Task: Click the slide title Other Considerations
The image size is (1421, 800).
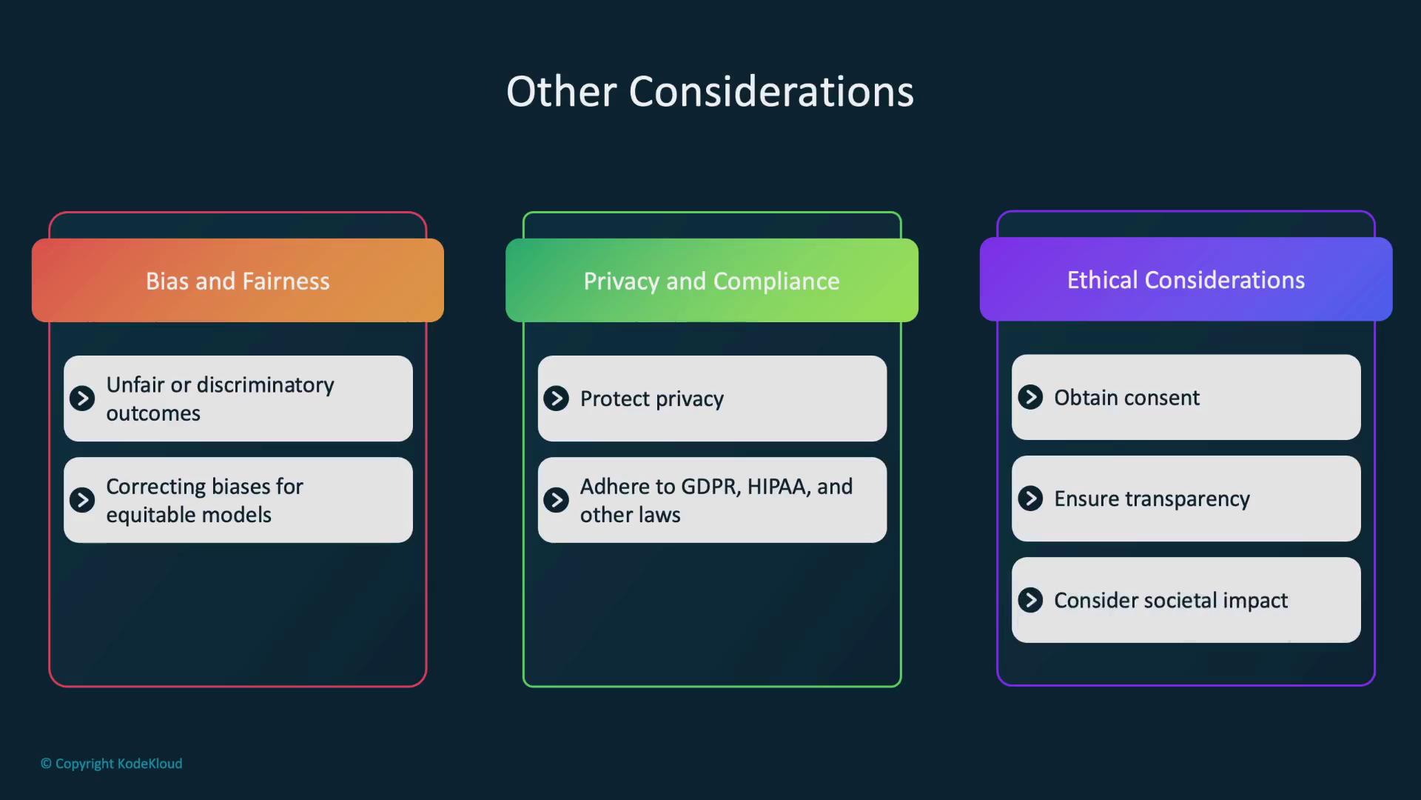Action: tap(710, 92)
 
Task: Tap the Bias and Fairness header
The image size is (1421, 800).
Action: tap(238, 281)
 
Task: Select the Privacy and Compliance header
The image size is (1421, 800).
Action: tap(711, 281)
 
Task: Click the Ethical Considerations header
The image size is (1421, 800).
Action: tap(1186, 279)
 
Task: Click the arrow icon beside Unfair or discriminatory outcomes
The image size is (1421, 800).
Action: tap(82, 399)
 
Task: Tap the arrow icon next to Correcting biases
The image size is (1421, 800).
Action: tap(82, 500)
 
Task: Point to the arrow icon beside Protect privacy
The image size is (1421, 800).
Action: tap(557, 399)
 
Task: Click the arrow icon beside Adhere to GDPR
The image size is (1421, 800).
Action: tap(557, 500)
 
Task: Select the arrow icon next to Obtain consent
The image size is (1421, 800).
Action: tap(1030, 397)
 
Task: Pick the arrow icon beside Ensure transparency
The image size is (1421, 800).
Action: tap(1030, 499)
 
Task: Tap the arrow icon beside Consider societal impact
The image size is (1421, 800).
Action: tap(1030, 600)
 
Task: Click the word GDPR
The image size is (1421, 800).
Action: tap(710, 487)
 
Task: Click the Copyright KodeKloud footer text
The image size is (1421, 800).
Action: tap(112, 764)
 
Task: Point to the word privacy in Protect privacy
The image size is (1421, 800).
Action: tap(690, 399)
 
